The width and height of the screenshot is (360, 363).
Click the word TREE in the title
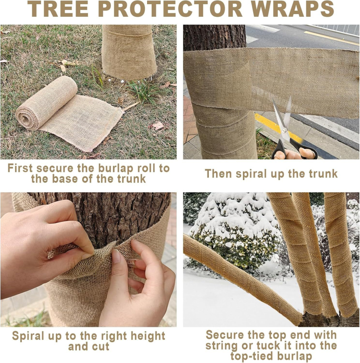pos(58,9)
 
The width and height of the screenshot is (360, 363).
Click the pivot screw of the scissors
pos(285,131)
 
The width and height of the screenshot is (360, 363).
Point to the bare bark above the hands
pos(104,218)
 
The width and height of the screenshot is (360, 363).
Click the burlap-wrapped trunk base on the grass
pos(129,52)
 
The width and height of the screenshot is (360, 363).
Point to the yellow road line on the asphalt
pos(331,38)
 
